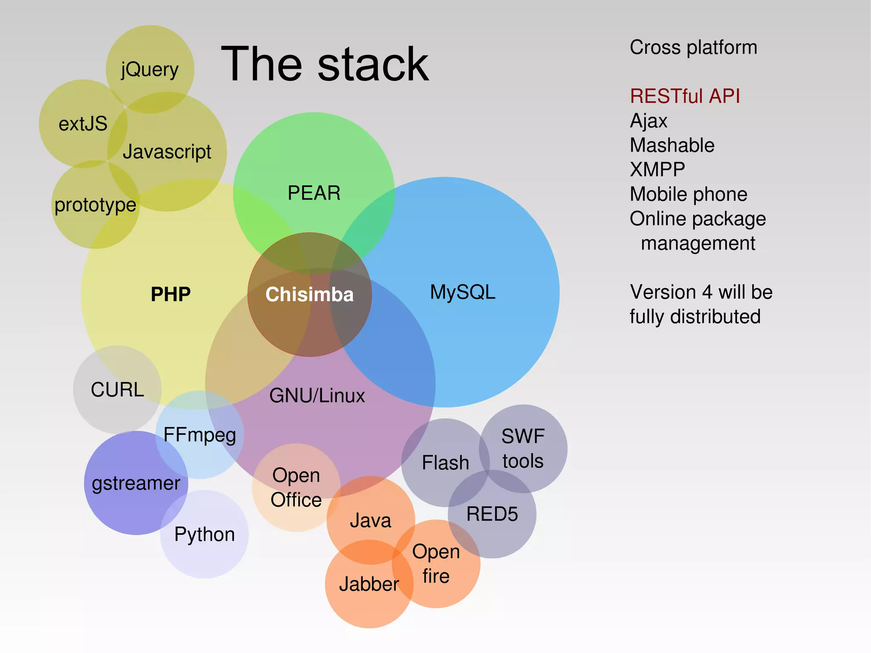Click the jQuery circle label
(x=150, y=69)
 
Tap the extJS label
(x=83, y=124)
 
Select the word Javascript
(x=167, y=151)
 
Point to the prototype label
(x=95, y=205)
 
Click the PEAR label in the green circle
(x=314, y=193)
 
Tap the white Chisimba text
(x=309, y=294)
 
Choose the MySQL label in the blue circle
(x=463, y=292)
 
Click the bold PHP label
(x=171, y=294)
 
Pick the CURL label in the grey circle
(x=117, y=390)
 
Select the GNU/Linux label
(x=317, y=396)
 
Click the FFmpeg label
(x=199, y=435)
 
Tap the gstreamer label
(x=136, y=484)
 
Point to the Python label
(x=205, y=534)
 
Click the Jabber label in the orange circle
(x=369, y=584)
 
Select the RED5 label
(x=492, y=514)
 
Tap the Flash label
(x=445, y=463)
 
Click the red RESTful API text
(x=685, y=96)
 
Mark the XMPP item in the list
(x=657, y=170)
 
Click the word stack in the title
(x=373, y=65)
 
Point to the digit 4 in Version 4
(x=707, y=292)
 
